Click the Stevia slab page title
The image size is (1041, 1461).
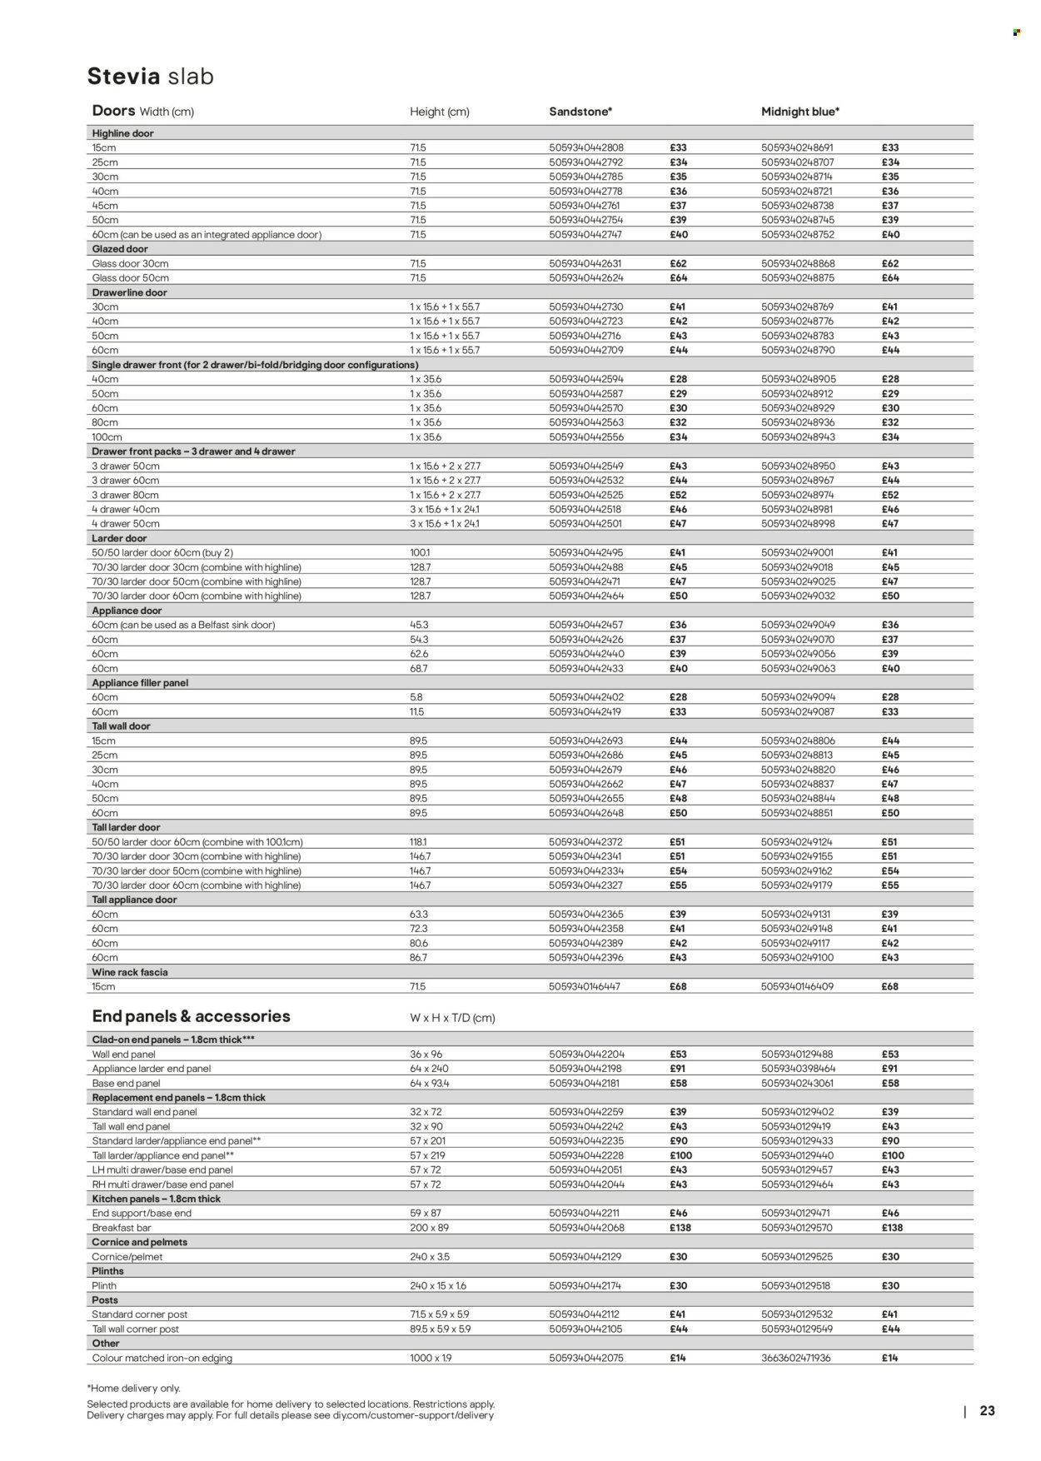pos(151,77)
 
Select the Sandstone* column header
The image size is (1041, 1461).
pos(580,112)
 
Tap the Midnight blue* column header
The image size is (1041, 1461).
pos(800,112)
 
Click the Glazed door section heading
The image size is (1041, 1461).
pos(120,249)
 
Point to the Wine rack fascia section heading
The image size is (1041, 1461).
pos(130,972)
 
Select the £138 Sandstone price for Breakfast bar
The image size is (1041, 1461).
pos(680,1228)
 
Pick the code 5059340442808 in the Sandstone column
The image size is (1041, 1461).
pos(585,147)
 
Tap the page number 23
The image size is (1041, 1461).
pos(987,1411)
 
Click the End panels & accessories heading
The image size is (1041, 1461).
pos(191,1016)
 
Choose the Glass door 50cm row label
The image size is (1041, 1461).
pos(130,278)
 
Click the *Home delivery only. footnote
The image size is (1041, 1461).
pos(133,1389)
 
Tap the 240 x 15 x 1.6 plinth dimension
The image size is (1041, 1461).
pos(438,1285)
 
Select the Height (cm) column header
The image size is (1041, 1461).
pos(439,112)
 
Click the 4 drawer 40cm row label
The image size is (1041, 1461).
pos(125,509)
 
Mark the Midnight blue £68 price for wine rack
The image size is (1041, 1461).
pos(890,986)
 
